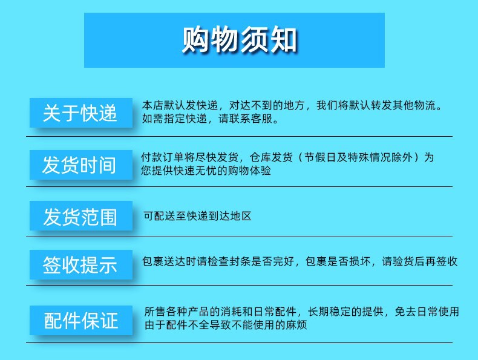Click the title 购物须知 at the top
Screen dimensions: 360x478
[239, 41]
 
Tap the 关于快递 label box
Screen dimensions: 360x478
[80, 113]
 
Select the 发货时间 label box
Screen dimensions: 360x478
[80, 164]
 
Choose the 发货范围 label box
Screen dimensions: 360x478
[80, 216]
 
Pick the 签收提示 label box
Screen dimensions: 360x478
[80, 264]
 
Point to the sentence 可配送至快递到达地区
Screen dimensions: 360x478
[197, 215]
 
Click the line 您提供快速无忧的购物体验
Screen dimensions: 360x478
[206, 171]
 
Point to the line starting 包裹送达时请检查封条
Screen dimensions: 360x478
[300, 262]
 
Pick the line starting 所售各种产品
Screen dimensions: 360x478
[301, 312]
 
